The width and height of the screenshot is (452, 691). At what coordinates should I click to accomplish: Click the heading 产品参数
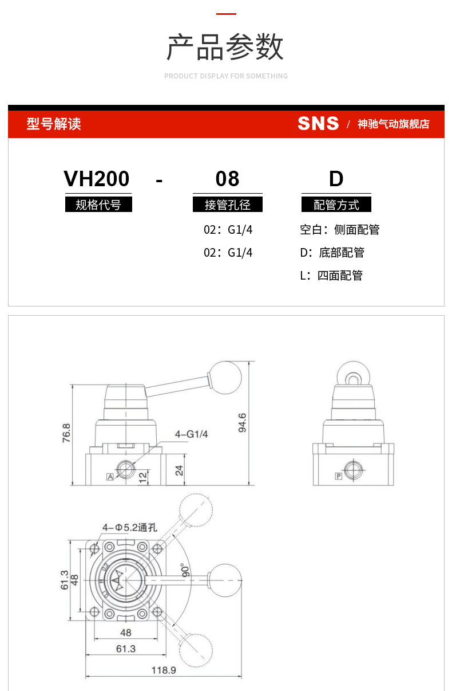click(x=225, y=47)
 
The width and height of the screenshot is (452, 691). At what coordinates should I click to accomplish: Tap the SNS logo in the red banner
click(x=318, y=124)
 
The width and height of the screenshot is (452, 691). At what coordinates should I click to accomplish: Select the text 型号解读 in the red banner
click(x=54, y=124)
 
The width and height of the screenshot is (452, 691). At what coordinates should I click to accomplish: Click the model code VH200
click(x=97, y=179)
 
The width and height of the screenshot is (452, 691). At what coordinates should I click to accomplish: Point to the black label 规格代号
click(x=98, y=205)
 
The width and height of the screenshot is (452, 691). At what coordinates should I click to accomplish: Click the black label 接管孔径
click(x=227, y=205)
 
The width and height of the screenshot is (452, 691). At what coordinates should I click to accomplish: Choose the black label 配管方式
click(x=336, y=205)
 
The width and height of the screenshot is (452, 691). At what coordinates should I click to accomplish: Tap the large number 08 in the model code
click(x=227, y=179)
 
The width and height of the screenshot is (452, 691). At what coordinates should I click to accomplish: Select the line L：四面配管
click(x=331, y=276)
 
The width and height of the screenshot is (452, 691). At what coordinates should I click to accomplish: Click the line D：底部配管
click(x=332, y=253)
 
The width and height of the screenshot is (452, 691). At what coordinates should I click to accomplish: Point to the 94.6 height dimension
click(x=242, y=422)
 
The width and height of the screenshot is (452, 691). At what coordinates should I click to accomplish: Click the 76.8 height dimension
click(x=66, y=433)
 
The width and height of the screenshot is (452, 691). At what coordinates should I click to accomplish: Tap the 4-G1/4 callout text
click(x=191, y=434)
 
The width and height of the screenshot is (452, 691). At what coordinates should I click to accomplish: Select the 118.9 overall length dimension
click(x=164, y=670)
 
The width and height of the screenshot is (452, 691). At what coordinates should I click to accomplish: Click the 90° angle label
click(x=185, y=571)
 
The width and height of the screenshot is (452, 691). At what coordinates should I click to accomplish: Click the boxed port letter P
click(x=339, y=476)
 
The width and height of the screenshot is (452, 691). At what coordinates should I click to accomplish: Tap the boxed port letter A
click(x=109, y=477)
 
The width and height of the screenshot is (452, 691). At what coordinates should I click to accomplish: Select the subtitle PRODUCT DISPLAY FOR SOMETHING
click(x=226, y=76)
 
